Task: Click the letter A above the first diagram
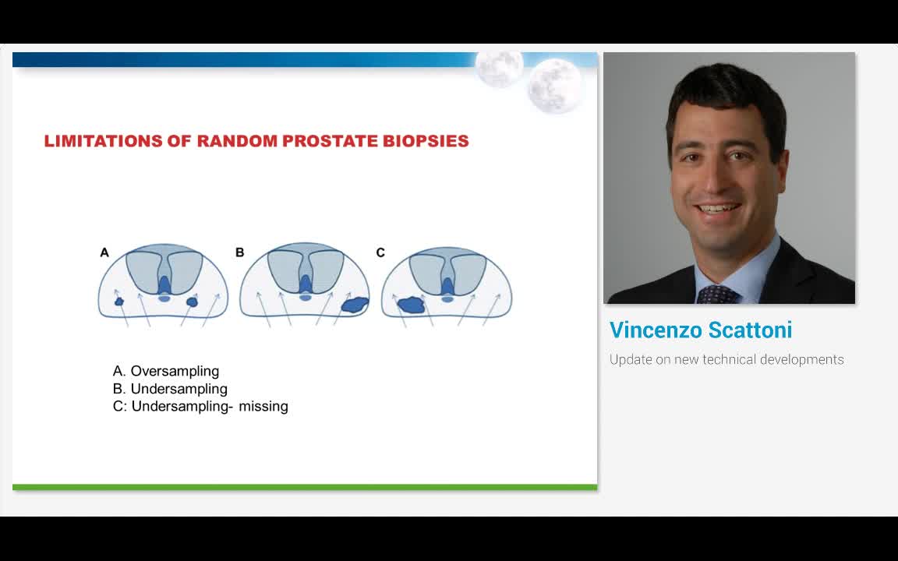coord(104,252)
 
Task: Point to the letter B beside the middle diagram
coord(240,252)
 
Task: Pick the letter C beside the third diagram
coord(380,252)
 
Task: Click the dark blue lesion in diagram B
coord(355,305)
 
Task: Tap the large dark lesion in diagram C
coord(411,305)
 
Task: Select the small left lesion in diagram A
coord(119,301)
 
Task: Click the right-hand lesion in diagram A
coord(192,301)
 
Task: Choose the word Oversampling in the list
coord(175,371)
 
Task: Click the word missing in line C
coord(263,407)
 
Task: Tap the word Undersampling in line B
coord(179,389)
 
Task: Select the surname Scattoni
coord(750,330)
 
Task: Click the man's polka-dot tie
coord(717,295)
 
